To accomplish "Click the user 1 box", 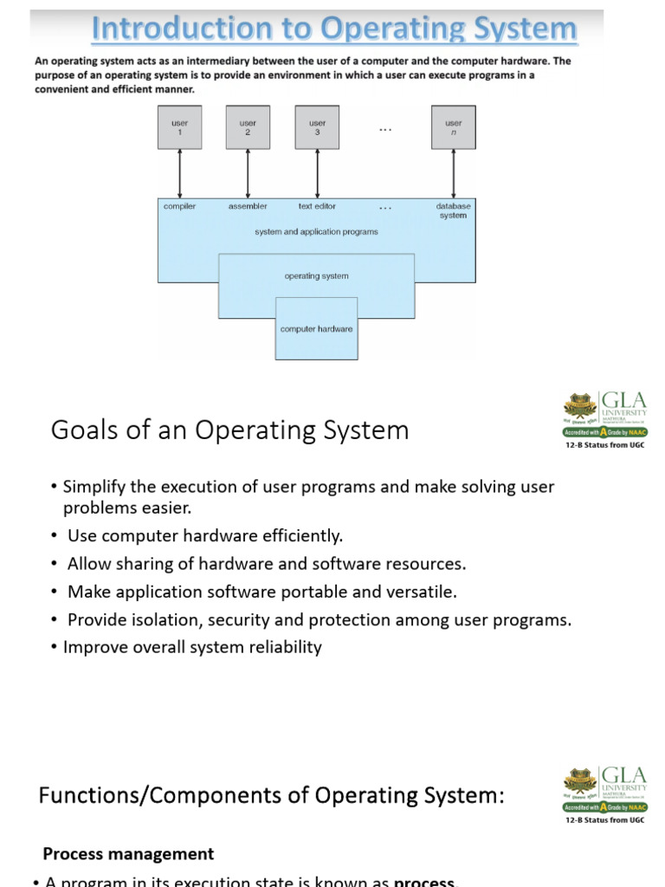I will pos(179,127).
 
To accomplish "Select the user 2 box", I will pos(248,127).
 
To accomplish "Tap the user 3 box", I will pos(317,127).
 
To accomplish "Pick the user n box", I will pos(453,127).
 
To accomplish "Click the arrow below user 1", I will pos(179,173).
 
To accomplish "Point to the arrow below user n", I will pos(453,173).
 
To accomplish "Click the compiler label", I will pos(179,206).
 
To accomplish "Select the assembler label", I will pos(248,206).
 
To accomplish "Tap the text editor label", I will pos(317,206).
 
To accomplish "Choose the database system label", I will pos(453,210).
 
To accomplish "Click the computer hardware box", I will pos(316,328).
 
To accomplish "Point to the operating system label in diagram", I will pos(316,276).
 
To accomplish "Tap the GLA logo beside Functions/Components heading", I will pos(604,792).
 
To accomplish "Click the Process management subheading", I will pos(128,854).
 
